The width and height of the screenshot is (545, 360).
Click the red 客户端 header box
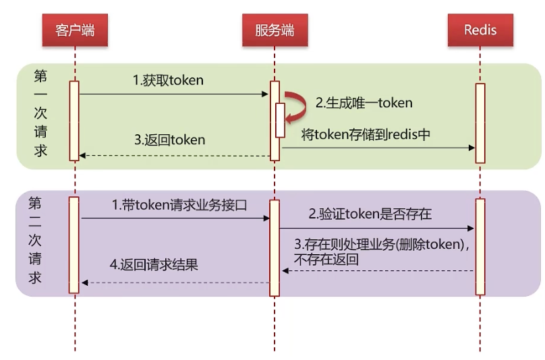(x=75, y=30)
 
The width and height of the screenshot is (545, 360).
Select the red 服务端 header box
(x=275, y=30)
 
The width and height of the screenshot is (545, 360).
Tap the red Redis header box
(x=480, y=30)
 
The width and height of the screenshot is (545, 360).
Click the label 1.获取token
(x=168, y=80)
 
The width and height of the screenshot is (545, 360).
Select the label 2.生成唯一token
(x=364, y=103)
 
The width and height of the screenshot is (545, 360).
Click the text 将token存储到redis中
(x=366, y=134)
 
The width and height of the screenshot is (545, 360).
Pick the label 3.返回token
(x=169, y=140)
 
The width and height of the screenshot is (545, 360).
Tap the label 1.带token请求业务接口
(x=179, y=205)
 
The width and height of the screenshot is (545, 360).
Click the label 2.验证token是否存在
(x=370, y=214)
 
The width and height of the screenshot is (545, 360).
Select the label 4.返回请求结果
(x=154, y=265)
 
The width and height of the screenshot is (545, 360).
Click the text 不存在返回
(x=326, y=260)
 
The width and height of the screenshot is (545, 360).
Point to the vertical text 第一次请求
(x=40, y=113)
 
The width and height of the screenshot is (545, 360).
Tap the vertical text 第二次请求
(x=35, y=241)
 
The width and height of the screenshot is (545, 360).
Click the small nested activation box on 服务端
(x=280, y=120)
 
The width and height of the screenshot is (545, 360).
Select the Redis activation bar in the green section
(x=480, y=123)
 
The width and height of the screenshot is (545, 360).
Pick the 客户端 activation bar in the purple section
(x=74, y=245)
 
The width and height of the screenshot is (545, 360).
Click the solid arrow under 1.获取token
(x=174, y=94)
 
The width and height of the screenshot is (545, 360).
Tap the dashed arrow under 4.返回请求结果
(x=175, y=282)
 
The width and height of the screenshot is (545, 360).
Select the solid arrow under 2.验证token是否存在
(x=377, y=229)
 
